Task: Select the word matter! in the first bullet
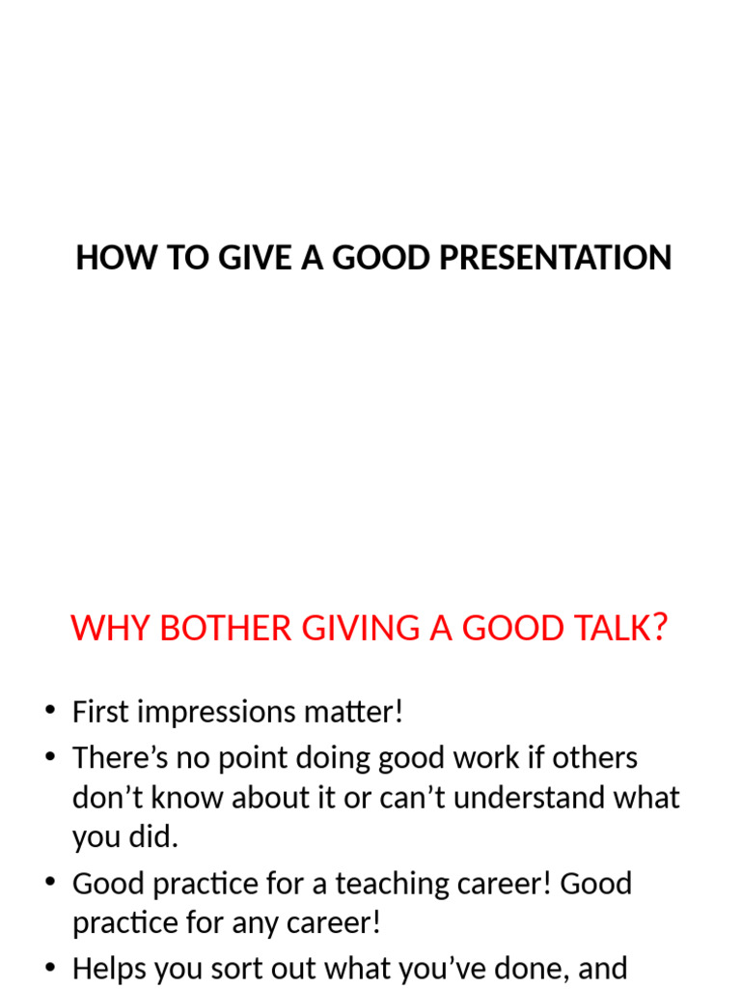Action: [x=357, y=713]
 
